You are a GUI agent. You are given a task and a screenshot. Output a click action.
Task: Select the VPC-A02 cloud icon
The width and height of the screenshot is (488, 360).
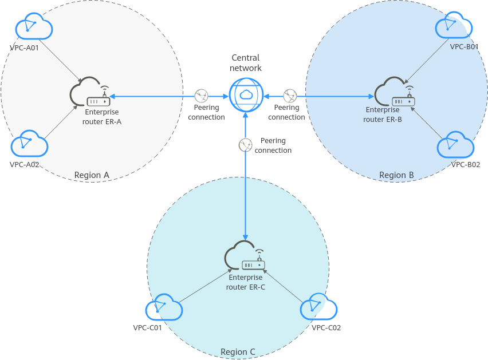click(29, 144)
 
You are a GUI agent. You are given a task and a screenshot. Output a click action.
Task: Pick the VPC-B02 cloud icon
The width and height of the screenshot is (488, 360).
click(456, 145)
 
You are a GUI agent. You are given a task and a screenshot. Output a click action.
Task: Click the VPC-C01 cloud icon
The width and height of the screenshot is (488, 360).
click(164, 309)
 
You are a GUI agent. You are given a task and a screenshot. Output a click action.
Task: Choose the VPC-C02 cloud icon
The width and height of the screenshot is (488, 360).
click(319, 308)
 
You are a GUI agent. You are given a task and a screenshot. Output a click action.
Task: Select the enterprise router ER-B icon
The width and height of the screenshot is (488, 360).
click(396, 94)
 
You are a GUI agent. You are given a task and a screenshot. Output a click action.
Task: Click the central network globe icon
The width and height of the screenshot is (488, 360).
click(245, 95)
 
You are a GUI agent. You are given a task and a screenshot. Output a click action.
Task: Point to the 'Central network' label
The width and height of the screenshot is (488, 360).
click(245, 63)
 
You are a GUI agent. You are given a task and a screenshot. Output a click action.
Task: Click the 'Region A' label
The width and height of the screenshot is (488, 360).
click(92, 175)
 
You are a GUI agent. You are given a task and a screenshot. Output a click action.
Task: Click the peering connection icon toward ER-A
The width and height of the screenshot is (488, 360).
click(202, 96)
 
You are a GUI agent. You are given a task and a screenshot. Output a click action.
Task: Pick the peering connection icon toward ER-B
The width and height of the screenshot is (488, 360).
click(291, 96)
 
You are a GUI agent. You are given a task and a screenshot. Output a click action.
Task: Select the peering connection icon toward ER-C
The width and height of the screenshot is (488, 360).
click(245, 145)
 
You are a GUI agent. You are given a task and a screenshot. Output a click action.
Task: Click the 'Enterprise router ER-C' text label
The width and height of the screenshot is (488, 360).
click(246, 283)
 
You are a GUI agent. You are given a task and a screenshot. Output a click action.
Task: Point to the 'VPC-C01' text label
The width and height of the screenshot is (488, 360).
click(147, 328)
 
